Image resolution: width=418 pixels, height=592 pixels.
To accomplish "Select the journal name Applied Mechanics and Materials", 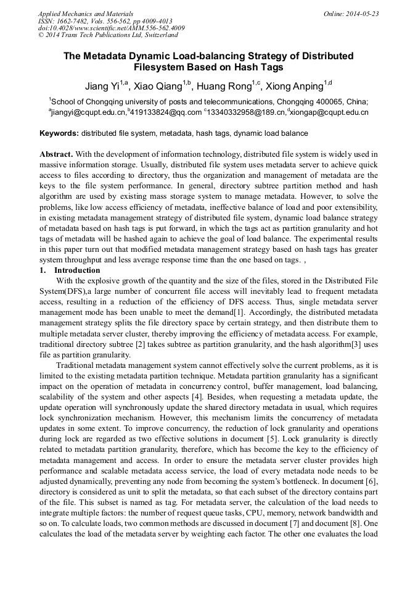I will (86, 14).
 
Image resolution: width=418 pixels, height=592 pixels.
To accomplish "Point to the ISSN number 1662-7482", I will (75, 21).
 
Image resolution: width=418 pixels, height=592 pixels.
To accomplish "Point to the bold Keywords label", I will (59, 133).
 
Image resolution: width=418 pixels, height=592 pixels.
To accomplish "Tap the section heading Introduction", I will (77, 270).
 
